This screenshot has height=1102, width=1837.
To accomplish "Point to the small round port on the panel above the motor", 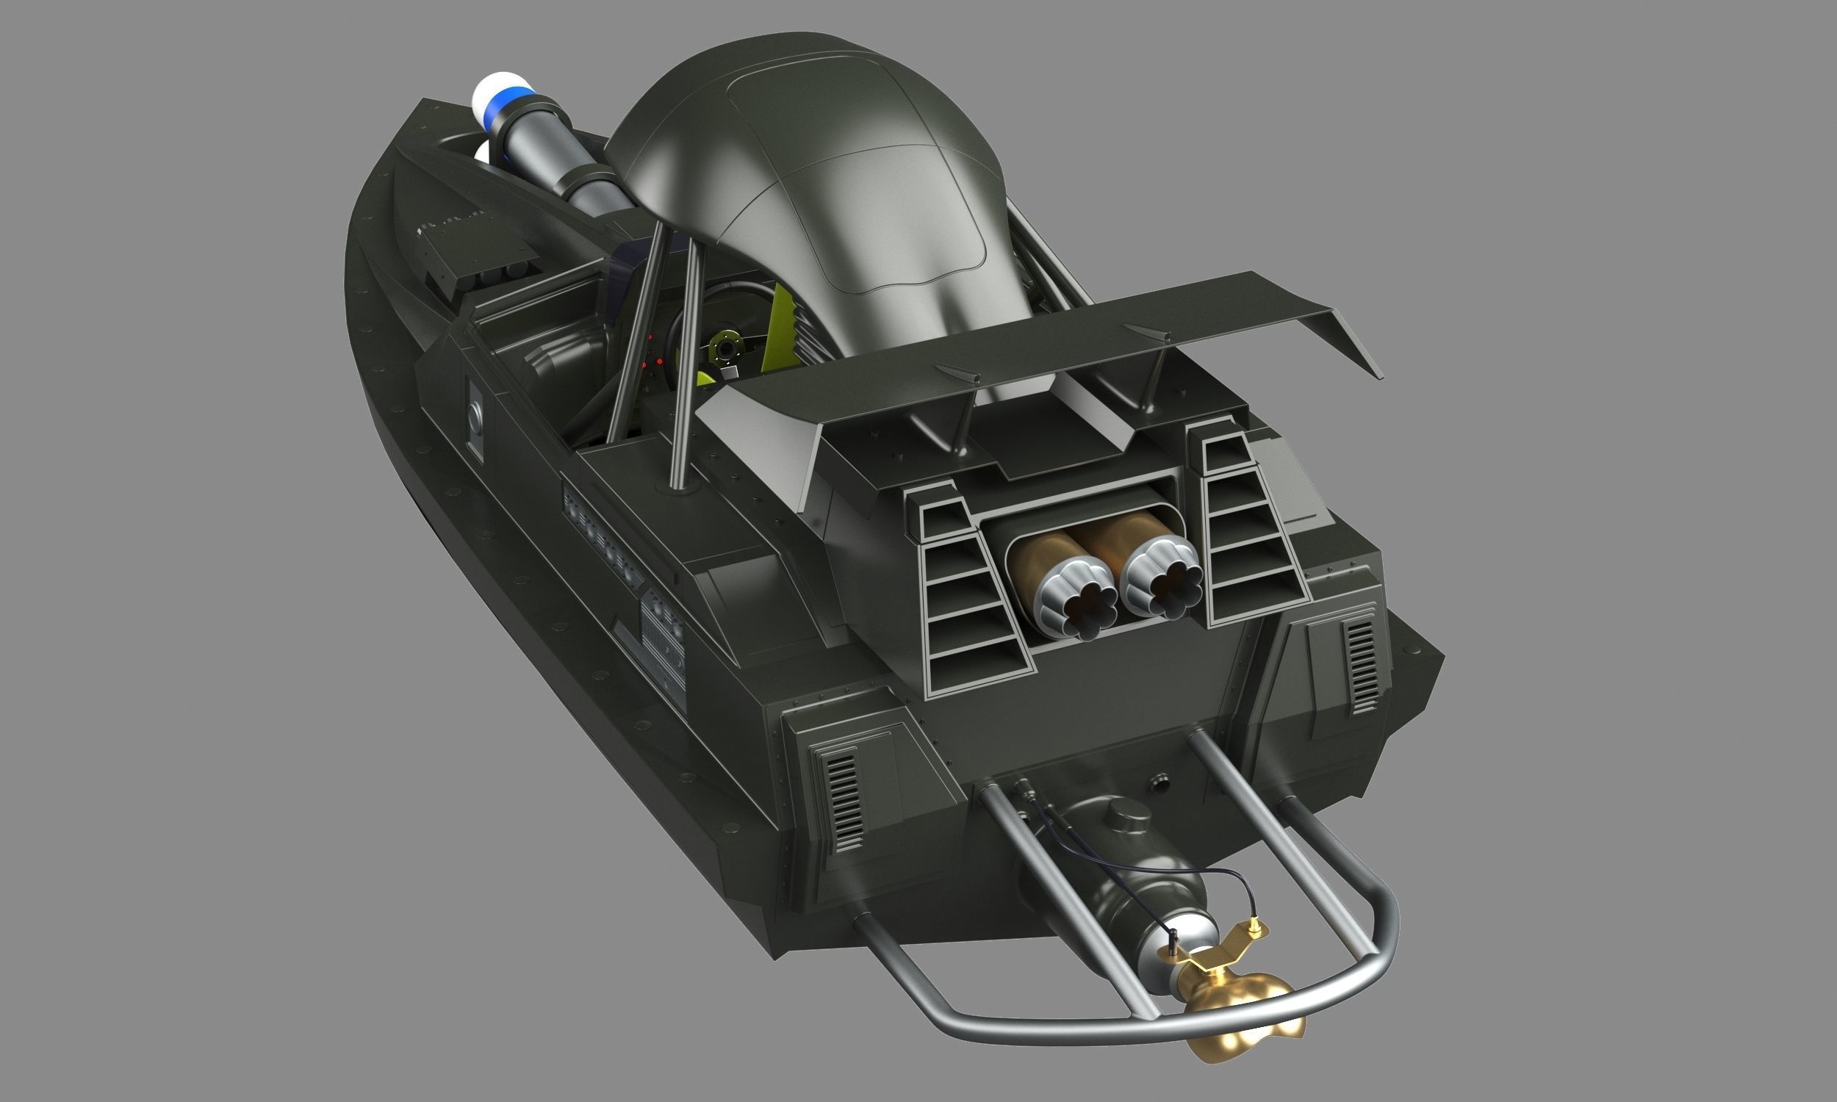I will [x=1159, y=782].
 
